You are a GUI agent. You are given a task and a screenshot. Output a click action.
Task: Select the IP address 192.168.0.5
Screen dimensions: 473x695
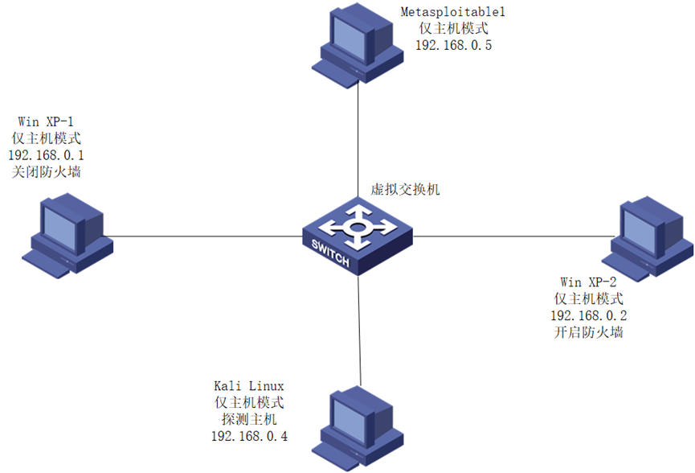(x=454, y=45)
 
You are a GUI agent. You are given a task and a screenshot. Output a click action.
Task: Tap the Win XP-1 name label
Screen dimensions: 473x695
(x=46, y=121)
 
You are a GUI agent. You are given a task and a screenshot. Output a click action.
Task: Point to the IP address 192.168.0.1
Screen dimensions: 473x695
(x=46, y=154)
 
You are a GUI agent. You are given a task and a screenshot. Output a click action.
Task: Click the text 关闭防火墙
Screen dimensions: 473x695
(x=46, y=171)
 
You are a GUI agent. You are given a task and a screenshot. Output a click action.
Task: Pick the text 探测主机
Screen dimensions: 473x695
(x=248, y=419)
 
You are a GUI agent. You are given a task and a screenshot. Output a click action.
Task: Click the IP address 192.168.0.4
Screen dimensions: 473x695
(x=248, y=436)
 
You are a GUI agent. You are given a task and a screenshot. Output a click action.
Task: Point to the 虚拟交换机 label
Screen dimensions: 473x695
(x=405, y=190)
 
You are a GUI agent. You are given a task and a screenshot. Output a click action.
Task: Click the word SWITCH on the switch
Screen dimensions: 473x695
(x=329, y=255)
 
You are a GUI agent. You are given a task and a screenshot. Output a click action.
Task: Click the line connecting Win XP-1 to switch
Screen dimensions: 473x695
(x=201, y=236)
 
